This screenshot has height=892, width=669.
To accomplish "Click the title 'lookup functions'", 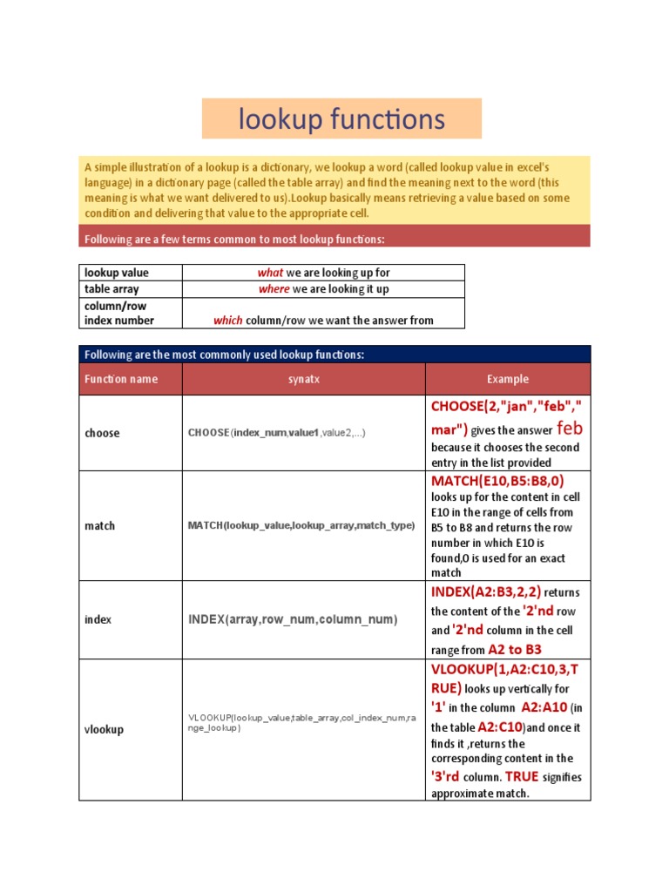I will click(341, 119).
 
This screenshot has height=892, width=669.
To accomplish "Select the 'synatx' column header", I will click(304, 380).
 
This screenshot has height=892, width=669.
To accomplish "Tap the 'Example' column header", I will click(507, 380).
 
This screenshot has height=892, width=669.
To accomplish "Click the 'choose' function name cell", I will click(103, 433).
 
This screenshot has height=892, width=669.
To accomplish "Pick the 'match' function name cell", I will click(100, 526).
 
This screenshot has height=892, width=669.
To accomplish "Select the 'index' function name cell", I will click(98, 619).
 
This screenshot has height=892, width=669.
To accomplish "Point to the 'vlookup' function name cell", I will click(105, 729).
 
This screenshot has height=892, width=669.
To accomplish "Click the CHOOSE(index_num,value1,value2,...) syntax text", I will click(276, 433).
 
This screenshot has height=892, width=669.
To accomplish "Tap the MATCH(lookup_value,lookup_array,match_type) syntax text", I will click(301, 526).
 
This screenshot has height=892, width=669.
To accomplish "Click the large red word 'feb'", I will click(570, 429).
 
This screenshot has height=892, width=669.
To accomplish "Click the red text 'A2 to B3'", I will click(515, 649).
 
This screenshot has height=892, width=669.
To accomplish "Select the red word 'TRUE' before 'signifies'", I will click(522, 776).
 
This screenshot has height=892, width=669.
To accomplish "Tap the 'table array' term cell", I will click(111, 289).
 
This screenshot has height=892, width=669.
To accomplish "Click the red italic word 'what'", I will click(270, 273).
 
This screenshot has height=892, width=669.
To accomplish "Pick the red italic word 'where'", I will click(274, 289).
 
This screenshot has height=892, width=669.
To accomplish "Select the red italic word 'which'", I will click(228, 321).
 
